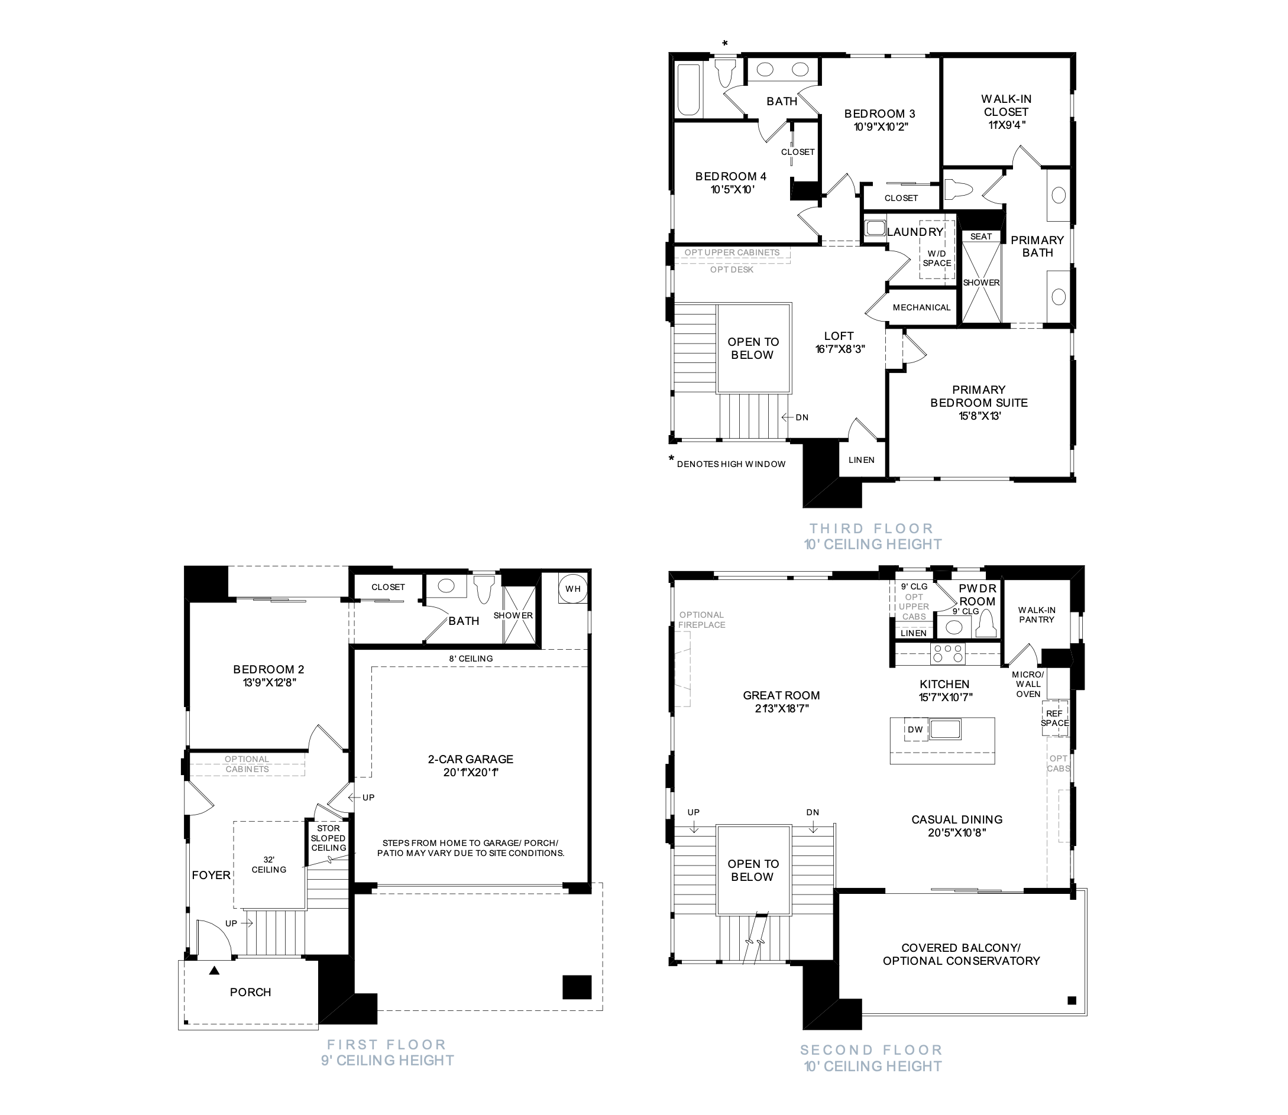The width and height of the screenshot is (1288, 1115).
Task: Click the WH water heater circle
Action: [573, 589]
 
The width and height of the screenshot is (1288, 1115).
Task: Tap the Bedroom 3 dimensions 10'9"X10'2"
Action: [881, 127]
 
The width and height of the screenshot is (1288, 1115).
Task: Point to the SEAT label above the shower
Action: [981, 236]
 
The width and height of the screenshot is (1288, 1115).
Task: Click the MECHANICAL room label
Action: [921, 307]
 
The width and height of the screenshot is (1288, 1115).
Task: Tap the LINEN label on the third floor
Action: [862, 460]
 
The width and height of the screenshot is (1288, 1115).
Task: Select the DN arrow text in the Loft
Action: [795, 417]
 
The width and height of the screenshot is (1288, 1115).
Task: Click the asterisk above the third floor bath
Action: [725, 44]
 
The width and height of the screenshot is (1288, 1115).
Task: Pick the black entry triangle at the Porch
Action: [214, 970]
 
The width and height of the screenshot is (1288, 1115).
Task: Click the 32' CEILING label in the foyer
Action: [269, 865]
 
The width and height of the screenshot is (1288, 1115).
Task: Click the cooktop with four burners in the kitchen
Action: [947, 654]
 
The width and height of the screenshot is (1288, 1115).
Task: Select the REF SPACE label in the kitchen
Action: [1054, 719]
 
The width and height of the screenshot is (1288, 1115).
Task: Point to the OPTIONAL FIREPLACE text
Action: [702, 620]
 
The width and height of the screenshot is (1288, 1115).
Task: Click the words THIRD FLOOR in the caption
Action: [871, 529]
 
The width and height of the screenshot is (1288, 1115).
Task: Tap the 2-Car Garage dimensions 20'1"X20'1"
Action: [471, 772]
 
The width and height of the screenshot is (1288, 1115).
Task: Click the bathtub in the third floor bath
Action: [689, 90]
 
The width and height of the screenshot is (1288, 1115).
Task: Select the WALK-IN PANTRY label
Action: [1037, 615]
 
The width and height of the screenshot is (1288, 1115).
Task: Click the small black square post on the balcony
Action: [1072, 1000]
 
